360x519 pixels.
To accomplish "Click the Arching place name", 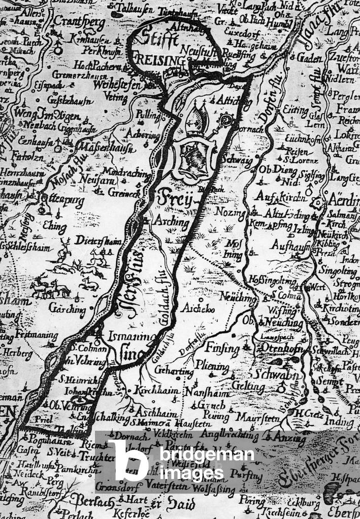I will click(x=173, y=222).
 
